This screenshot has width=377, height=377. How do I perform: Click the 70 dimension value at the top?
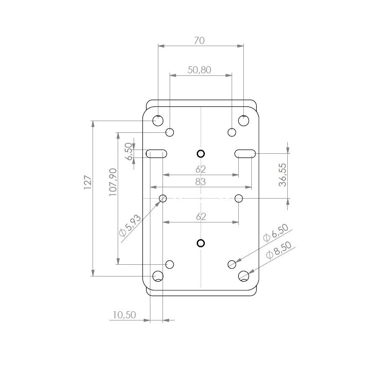[199, 41]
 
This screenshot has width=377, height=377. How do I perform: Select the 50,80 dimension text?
[199, 70]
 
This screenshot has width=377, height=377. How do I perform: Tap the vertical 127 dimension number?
[88, 183]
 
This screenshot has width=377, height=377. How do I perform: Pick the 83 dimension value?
[201, 182]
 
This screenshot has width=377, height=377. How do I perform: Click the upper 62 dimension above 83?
[201, 169]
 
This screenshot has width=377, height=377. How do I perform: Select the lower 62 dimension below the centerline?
[201, 217]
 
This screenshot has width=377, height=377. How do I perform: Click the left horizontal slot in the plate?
[157, 153]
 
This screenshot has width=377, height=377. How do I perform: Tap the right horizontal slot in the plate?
[245, 153]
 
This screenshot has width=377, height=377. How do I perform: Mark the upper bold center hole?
[201, 153]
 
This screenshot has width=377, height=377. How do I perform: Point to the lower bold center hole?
[201, 243]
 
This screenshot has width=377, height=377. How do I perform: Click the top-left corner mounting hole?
[158, 121]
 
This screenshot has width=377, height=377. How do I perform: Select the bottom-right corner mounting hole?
[244, 276]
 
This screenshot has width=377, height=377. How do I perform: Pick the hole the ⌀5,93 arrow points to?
[163, 198]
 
